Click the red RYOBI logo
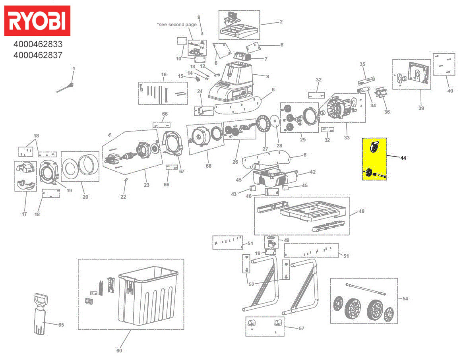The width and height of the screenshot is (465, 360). click(x=37, y=21)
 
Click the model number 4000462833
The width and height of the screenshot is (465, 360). click(x=38, y=45)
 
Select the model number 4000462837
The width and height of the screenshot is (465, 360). click(x=38, y=55)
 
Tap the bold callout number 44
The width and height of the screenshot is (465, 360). click(x=403, y=158)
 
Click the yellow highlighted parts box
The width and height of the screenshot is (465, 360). click(x=374, y=159)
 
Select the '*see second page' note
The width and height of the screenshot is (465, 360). click(x=177, y=25)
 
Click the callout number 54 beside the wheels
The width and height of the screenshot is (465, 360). click(x=405, y=298)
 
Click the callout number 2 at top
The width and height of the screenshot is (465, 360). click(x=281, y=22)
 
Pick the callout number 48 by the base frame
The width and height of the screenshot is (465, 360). click(x=361, y=211)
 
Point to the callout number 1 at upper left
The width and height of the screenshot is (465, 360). click(x=74, y=69)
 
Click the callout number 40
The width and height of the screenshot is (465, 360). click(x=450, y=91)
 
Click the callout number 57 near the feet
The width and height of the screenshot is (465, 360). click(x=301, y=328)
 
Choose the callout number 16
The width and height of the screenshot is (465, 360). click(x=163, y=75)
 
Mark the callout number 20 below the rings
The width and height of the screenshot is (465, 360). click(x=85, y=197)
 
